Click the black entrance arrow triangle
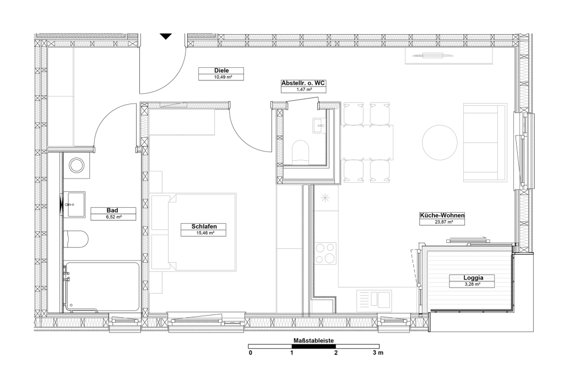pyautogui.click(x=166, y=36)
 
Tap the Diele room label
pyautogui.click(x=221, y=71)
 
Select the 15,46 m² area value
pyautogui.click(x=204, y=233)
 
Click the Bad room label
pyautogui.click(x=112, y=210)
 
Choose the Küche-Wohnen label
pyautogui.click(x=442, y=215)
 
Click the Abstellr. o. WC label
pyautogui.click(x=303, y=83)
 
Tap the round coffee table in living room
pyautogui.click(x=440, y=143)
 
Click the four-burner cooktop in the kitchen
pyautogui.click(x=326, y=253)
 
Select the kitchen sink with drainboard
pyautogui.click(x=374, y=301)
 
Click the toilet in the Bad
pyautogui.click(x=76, y=240)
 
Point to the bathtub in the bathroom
pyautogui.click(x=102, y=287)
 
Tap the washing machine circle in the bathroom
pyautogui.click(x=77, y=165)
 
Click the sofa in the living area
pyautogui.click(x=485, y=143)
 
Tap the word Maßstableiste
pyautogui.click(x=313, y=340)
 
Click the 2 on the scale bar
pyautogui.click(x=336, y=353)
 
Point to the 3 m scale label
pyautogui.click(x=378, y=353)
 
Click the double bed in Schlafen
pyautogui.click(x=194, y=232)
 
